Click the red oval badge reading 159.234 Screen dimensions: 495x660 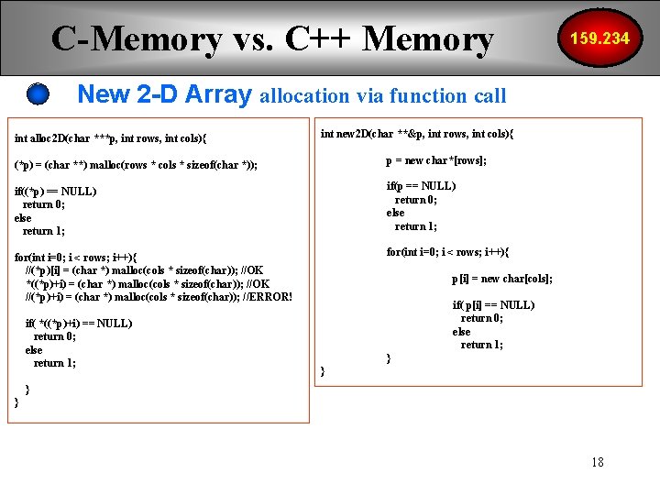click(x=600, y=38)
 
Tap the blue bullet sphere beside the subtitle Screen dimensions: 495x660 click(x=38, y=93)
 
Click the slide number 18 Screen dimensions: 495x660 click(x=598, y=461)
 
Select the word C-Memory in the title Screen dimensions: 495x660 click(x=137, y=38)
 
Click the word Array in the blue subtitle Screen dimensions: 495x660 click(x=216, y=93)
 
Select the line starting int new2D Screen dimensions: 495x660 click(x=416, y=134)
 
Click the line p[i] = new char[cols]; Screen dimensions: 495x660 click(x=501, y=279)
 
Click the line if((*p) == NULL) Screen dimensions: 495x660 click(x=56, y=192)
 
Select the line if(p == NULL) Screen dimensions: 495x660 click(x=421, y=186)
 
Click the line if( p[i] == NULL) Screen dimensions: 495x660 click(x=493, y=305)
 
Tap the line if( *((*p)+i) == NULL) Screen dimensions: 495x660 click(x=79, y=324)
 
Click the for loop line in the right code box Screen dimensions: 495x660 click(x=447, y=252)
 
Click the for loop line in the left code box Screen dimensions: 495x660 click(x=77, y=258)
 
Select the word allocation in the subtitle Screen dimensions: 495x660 click(x=304, y=95)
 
